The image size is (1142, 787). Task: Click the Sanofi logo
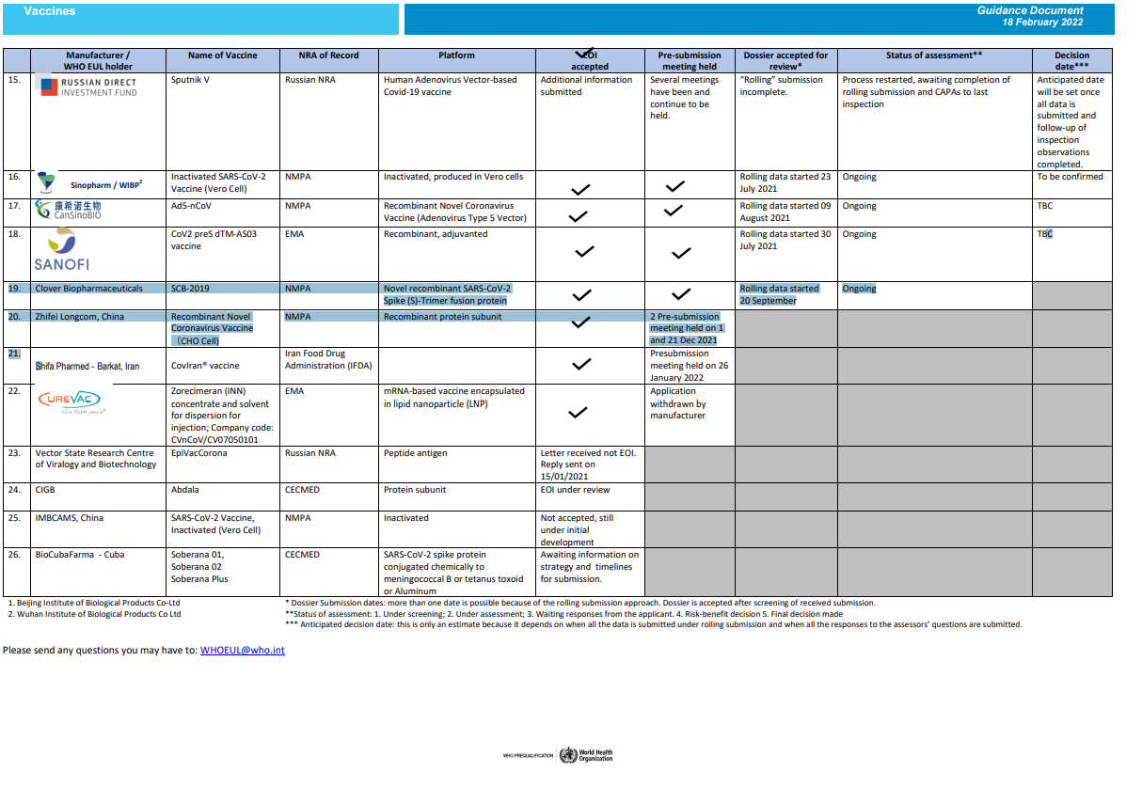[x=61, y=251]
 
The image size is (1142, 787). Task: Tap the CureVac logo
[x=71, y=402]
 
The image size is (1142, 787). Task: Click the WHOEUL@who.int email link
[x=242, y=650]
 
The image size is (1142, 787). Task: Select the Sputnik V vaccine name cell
[x=190, y=80]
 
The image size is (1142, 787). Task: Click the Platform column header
[x=456, y=55]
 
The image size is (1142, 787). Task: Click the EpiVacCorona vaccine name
[x=198, y=452]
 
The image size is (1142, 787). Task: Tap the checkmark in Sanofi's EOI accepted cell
[x=584, y=252]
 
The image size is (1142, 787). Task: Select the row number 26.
[x=14, y=555]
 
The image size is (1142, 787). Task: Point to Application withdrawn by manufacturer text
[x=678, y=403]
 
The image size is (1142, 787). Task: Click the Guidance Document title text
[x=1030, y=10]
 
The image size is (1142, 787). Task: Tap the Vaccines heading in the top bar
[x=50, y=11]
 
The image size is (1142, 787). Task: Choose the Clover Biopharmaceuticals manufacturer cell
[x=89, y=289]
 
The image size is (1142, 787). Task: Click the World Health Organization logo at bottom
[x=585, y=755]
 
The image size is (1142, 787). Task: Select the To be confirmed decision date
[x=1070, y=177]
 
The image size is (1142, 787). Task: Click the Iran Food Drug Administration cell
[x=328, y=360]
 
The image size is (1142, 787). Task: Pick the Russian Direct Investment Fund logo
[x=87, y=87]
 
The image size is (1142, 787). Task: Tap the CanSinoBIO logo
[x=68, y=210]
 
